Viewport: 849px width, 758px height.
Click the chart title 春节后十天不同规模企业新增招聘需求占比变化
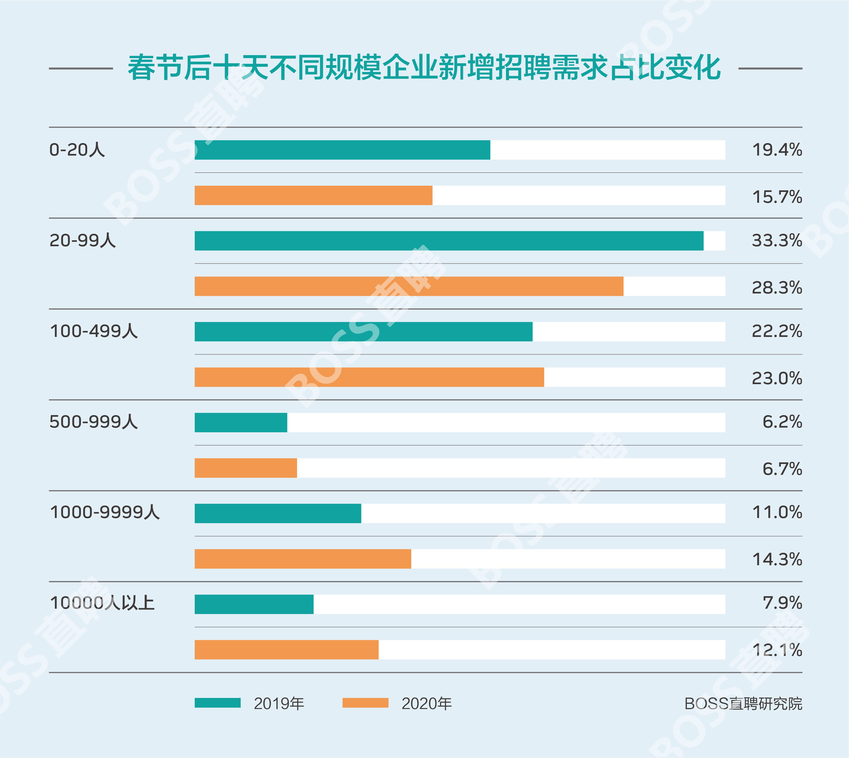[424, 68]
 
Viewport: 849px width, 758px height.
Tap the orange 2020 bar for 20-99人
[409, 286]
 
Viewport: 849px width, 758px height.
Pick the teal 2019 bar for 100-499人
[363, 331]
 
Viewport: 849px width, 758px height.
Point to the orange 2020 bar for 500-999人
[246, 468]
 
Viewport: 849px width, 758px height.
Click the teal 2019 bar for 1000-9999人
[278, 513]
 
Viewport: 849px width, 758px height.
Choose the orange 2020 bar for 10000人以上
[286, 650]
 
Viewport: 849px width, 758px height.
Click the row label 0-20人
[77, 150]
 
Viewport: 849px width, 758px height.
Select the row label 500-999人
[93, 422]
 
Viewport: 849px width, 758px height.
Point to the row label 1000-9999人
[105, 512]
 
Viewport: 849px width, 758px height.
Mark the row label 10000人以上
[102, 603]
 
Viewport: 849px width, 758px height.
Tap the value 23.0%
[776, 378]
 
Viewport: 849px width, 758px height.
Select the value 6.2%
[782, 422]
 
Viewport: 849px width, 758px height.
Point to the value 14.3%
[776, 559]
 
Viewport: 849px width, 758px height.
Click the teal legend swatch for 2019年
[218, 703]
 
